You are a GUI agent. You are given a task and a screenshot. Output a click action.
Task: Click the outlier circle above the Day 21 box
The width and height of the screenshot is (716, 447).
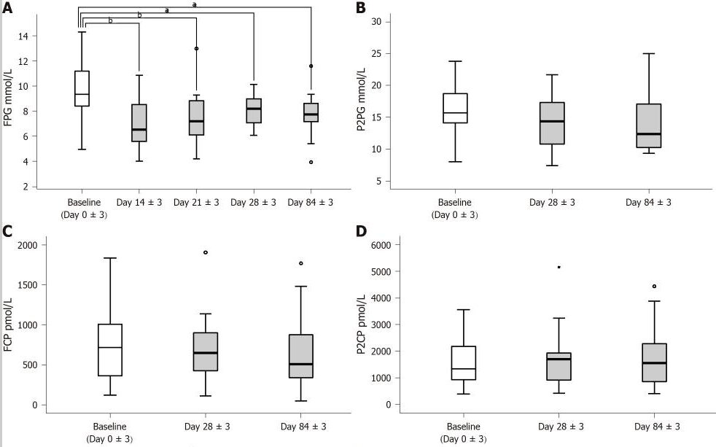pyautogui.click(x=196, y=49)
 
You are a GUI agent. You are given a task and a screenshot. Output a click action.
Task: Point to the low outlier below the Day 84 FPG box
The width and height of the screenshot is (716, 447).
pyautogui.click(x=311, y=162)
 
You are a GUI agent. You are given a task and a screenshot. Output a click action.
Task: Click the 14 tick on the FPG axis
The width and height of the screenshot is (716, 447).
pyautogui.click(x=43, y=36)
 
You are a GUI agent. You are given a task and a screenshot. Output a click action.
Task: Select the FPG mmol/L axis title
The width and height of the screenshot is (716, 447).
pyautogui.click(x=9, y=101)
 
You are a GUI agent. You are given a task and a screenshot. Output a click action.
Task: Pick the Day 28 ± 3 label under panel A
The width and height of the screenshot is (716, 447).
pyautogui.click(x=253, y=202)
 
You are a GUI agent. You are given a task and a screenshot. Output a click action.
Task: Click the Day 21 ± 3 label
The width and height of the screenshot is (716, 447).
pyautogui.click(x=196, y=202)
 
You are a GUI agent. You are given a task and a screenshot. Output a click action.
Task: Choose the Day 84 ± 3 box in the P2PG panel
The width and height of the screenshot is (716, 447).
pyautogui.click(x=628, y=126)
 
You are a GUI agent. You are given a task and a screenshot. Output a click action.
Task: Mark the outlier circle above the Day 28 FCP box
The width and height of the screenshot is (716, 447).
pyautogui.click(x=206, y=252)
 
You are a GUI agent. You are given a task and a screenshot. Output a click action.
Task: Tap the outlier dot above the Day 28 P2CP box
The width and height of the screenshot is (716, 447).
pyautogui.click(x=559, y=267)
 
